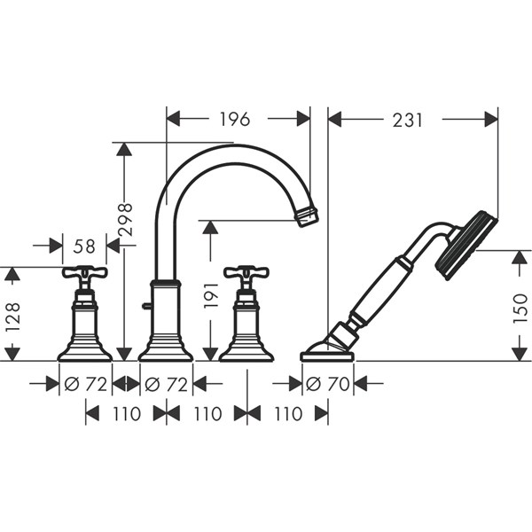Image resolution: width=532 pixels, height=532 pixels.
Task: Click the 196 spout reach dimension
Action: click(235, 119)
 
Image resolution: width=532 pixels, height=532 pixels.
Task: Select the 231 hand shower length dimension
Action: click(408, 120)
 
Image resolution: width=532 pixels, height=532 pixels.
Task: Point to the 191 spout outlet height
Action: click(210, 295)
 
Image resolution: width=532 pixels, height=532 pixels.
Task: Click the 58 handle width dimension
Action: click(84, 246)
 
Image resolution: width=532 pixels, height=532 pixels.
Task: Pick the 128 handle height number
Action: click(13, 317)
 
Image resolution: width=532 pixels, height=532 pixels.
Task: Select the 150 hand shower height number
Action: click(520, 309)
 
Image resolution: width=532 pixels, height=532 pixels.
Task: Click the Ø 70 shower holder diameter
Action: click(327, 384)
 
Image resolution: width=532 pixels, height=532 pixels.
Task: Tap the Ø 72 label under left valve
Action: click(85, 384)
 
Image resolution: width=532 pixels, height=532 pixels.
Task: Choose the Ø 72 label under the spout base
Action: click(167, 384)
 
